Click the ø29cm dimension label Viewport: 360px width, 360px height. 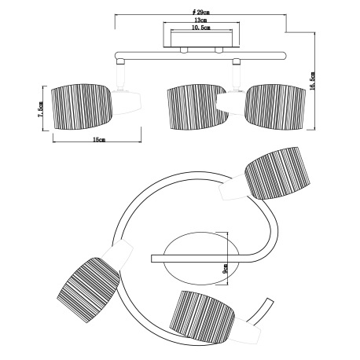200,12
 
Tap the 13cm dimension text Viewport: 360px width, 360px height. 200,20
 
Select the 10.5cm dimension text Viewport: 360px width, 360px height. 201,28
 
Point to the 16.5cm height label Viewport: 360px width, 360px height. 312,80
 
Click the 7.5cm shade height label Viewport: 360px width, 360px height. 41,109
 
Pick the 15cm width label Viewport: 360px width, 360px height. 99,140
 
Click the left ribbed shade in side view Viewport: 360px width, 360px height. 82,107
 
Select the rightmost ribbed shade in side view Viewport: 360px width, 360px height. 275,107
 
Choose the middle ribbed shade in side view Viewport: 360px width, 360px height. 197,107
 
